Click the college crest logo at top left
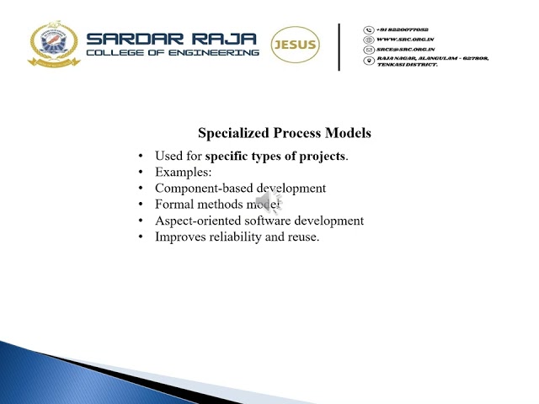pos(53,44)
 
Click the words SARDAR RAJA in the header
pos(172,39)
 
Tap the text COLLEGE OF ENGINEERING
pos(173,53)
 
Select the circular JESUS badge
pos(295,45)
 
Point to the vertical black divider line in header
pos(339,46)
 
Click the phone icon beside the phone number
pos(368,29)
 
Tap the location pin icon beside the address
pos(368,60)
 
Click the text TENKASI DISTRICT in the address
pos(408,65)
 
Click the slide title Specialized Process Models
pos(284,133)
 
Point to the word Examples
pos(183,172)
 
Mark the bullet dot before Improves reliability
pos(141,237)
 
